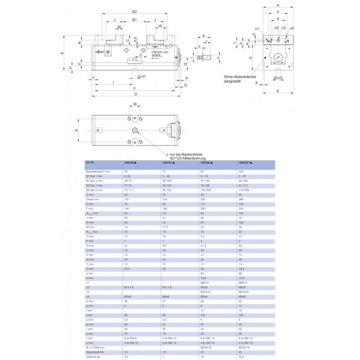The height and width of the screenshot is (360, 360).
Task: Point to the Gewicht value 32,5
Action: pos(241,356)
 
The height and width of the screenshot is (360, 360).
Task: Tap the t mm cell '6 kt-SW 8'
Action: pos(131,338)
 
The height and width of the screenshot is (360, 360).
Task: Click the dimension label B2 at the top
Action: pos(134,11)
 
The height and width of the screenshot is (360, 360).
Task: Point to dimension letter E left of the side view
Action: pos(62,53)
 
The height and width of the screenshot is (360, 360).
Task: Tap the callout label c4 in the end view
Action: pos(292,28)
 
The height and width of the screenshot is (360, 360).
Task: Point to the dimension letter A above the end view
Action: pos(278,5)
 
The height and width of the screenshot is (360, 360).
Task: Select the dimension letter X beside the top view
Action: pos(76,130)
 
